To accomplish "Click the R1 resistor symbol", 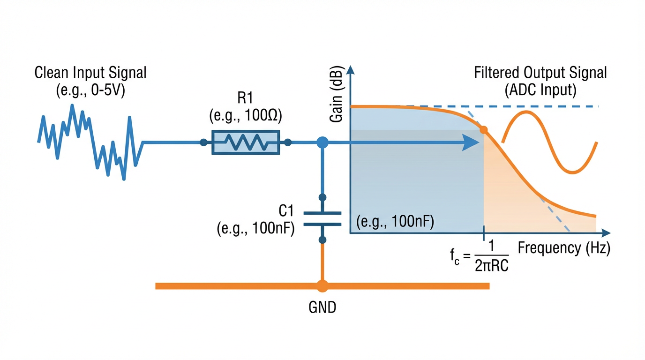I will click(x=246, y=142).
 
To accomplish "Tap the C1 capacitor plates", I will click(x=322, y=218).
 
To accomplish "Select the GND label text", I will click(x=322, y=308).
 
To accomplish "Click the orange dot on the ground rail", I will click(x=322, y=286).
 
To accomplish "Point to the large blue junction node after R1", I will click(x=322, y=142).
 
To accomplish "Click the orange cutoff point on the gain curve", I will click(x=484, y=129).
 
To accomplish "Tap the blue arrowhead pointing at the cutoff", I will click(x=470, y=142).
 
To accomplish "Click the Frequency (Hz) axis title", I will click(x=564, y=248).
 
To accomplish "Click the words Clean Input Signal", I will click(x=90, y=73).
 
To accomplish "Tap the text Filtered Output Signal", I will click(x=540, y=73).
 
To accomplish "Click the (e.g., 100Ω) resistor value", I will click(x=246, y=116).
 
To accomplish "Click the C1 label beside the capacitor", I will click(x=287, y=211).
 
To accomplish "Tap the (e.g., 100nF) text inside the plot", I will click(x=395, y=221).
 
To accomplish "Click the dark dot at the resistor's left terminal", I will click(x=203, y=142).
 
